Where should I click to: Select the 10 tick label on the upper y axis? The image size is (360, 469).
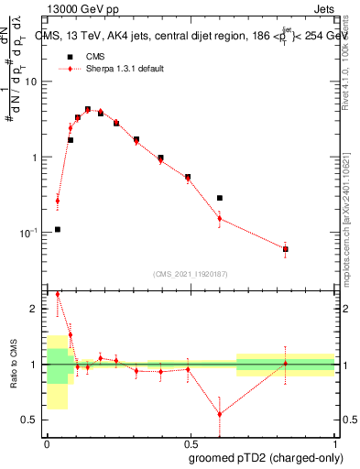[x=31, y=82]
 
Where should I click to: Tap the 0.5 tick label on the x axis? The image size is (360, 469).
[x=191, y=442]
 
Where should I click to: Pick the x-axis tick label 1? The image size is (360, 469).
[x=335, y=442]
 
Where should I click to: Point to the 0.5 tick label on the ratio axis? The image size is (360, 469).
[x=32, y=420]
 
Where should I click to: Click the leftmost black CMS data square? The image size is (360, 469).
[x=58, y=229]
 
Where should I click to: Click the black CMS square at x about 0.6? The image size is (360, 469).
[x=220, y=198]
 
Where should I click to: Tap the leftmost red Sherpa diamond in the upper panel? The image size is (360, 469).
[x=58, y=201]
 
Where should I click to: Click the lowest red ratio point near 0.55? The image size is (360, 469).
[x=220, y=414]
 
